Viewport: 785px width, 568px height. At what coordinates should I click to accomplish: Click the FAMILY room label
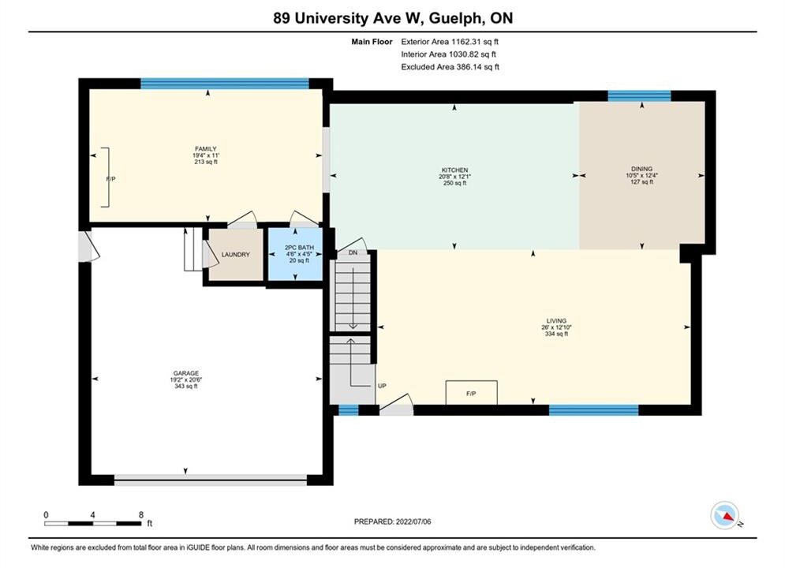pos(206,148)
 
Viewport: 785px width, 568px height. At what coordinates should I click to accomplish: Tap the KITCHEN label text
pos(454,170)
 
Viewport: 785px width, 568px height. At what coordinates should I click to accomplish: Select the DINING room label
pos(642,169)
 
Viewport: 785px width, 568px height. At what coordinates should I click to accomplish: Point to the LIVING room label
pos(556,321)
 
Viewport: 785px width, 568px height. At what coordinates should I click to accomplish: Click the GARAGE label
pos(186,373)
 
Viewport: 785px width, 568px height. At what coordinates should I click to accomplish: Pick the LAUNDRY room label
pos(235,255)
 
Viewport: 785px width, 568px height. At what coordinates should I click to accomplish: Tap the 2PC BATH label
pos(299,248)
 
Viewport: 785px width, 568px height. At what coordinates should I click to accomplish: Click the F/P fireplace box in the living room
pos(471,392)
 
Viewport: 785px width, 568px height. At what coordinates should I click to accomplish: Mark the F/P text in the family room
pos(111,178)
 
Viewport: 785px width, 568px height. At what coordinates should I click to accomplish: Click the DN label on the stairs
pos(353,252)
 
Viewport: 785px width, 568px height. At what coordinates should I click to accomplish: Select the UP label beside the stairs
pos(382,386)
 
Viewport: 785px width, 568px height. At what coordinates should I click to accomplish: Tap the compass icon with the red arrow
pos(724,515)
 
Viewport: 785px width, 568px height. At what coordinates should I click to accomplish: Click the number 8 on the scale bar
pos(141,514)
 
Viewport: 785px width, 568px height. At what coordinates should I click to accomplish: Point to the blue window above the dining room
pos(639,95)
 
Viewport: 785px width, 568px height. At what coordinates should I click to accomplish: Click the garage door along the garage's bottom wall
pos(211,480)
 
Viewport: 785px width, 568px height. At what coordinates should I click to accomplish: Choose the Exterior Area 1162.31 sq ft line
pos(450,42)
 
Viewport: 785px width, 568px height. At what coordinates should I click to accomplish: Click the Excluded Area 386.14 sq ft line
pos(450,67)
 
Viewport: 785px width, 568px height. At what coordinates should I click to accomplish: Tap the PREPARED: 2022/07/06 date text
pos(393,521)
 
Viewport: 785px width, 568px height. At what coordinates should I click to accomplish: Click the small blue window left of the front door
pos(349,410)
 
